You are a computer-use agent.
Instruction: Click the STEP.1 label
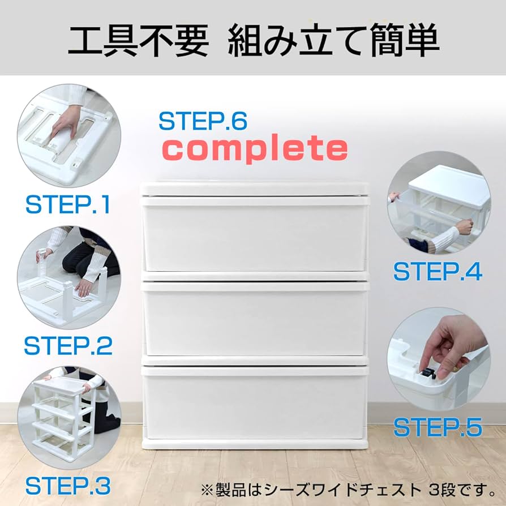pyautogui.click(x=67, y=205)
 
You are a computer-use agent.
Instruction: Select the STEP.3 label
pyautogui.click(x=67, y=486)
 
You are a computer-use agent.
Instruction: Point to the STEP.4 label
pyautogui.click(x=438, y=272)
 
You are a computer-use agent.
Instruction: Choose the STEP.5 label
pyautogui.click(x=438, y=427)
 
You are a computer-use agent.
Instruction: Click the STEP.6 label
pyautogui.click(x=203, y=121)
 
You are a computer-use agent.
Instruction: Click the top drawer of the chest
pyautogui.click(x=255, y=235)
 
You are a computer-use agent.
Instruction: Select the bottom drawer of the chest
pyautogui.click(x=255, y=402)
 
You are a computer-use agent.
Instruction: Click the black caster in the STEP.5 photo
pyautogui.click(x=429, y=374)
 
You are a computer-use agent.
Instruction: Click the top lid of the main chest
pyautogui.click(x=255, y=188)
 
